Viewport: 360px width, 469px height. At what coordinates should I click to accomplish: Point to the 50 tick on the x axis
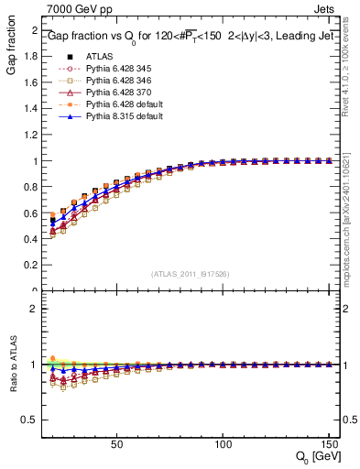(x=116, y=445)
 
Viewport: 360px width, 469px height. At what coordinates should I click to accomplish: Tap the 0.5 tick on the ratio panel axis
(x=31, y=420)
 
